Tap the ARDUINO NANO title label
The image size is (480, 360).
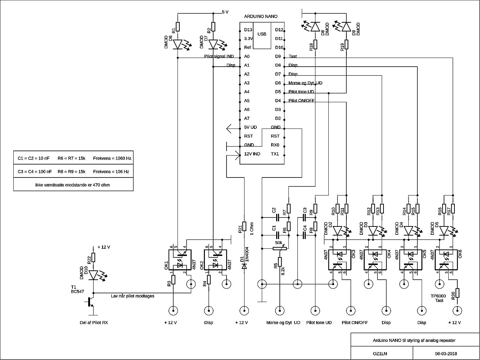(x=261, y=17)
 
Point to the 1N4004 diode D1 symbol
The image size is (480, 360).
(x=245, y=266)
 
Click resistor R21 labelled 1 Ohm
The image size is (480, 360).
(x=245, y=226)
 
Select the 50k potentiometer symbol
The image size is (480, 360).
(x=279, y=248)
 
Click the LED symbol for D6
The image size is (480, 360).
(x=178, y=44)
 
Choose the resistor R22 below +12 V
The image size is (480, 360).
(x=93, y=257)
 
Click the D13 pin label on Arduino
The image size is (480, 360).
(x=248, y=30)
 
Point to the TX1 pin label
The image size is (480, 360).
(x=275, y=154)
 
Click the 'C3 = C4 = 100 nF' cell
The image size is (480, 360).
(x=35, y=172)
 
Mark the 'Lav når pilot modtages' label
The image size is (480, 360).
(x=133, y=296)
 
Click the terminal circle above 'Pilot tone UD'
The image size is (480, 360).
(x=315, y=310)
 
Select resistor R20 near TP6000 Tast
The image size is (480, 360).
(x=457, y=293)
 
